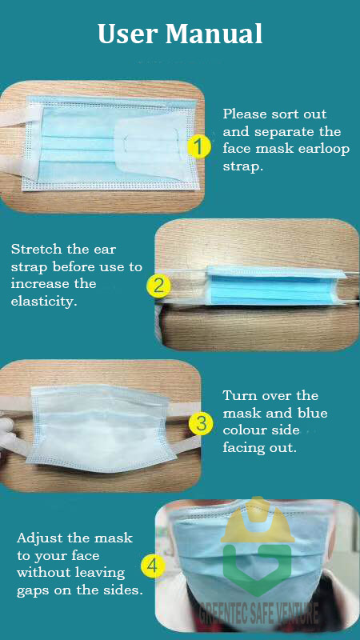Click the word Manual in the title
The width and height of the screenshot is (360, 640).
pos(214,34)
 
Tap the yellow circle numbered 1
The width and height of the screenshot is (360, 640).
pos(199,147)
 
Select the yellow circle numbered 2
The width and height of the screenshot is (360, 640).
pos(158,286)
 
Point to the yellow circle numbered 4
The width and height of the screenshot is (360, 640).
pos(152,566)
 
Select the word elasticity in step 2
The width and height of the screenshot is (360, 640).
pos(44,303)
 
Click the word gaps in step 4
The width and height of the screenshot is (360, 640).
pos(33,591)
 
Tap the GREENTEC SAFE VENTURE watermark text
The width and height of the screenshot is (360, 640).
pos(258,614)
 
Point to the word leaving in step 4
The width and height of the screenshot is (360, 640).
pos(99,574)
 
